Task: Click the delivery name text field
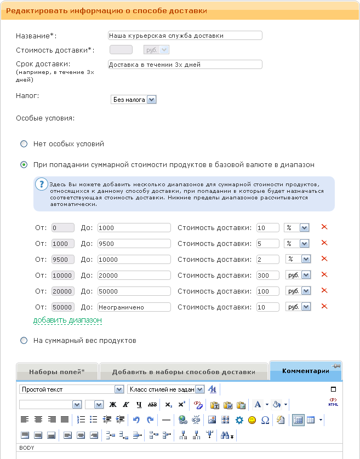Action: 185,36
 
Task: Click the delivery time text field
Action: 185,65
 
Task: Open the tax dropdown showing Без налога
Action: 134,100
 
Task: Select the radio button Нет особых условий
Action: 24,144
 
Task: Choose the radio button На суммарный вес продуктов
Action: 24,341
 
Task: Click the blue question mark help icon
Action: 41,185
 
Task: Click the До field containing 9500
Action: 134,243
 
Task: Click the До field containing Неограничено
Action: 134,307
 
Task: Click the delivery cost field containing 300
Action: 267,275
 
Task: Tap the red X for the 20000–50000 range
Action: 324,291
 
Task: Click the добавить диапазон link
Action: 67,320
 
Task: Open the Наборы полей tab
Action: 57,372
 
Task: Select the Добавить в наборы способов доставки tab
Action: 184,372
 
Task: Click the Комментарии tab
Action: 305,371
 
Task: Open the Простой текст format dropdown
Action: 72,389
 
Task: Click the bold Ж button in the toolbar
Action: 113,405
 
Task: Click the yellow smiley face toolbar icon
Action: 252,420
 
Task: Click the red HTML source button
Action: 333,403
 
